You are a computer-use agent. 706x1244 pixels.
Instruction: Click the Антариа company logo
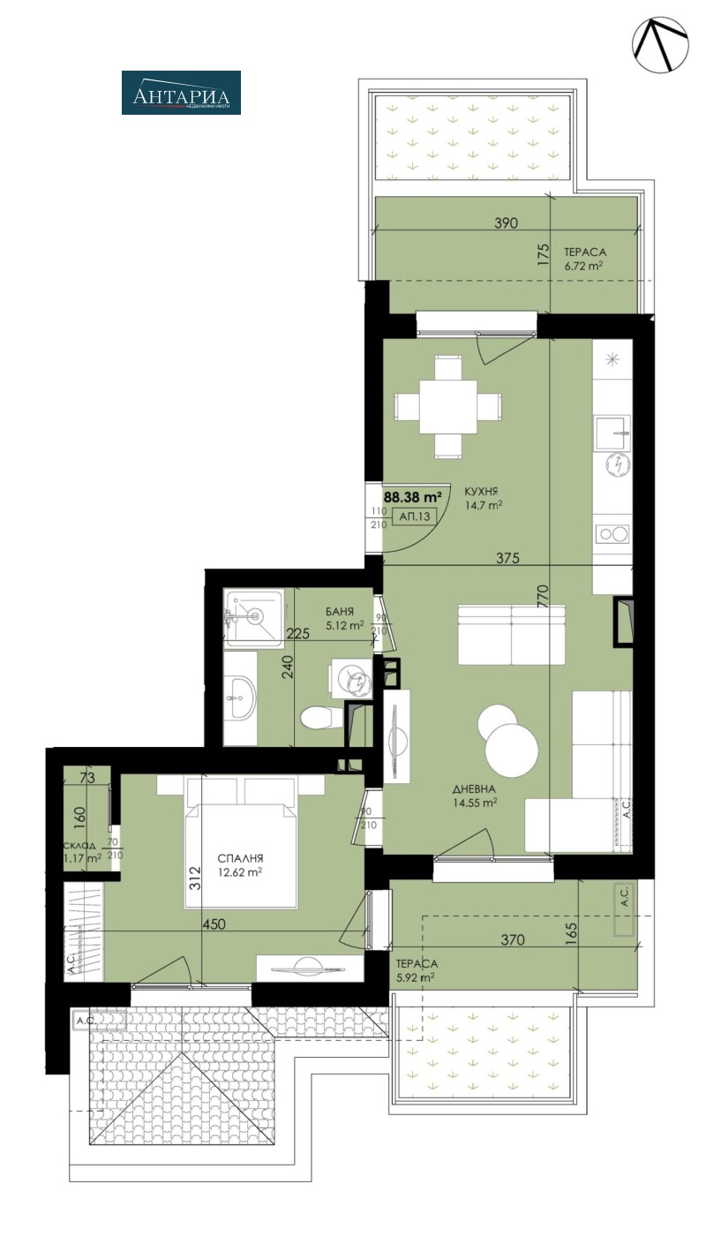click(x=181, y=93)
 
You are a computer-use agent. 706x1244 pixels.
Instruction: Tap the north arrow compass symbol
click(x=659, y=45)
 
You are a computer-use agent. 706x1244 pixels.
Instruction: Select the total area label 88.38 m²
click(x=412, y=497)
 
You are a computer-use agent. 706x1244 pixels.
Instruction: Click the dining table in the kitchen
click(x=448, y=406)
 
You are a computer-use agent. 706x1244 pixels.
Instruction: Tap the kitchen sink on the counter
click(x=614, y=432)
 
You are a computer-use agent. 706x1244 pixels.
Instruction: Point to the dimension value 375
click(x=506, y=558)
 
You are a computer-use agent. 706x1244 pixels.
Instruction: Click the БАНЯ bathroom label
click(x=339, y=611)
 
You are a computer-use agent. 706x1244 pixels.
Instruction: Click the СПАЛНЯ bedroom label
click(x=241, y=858)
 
